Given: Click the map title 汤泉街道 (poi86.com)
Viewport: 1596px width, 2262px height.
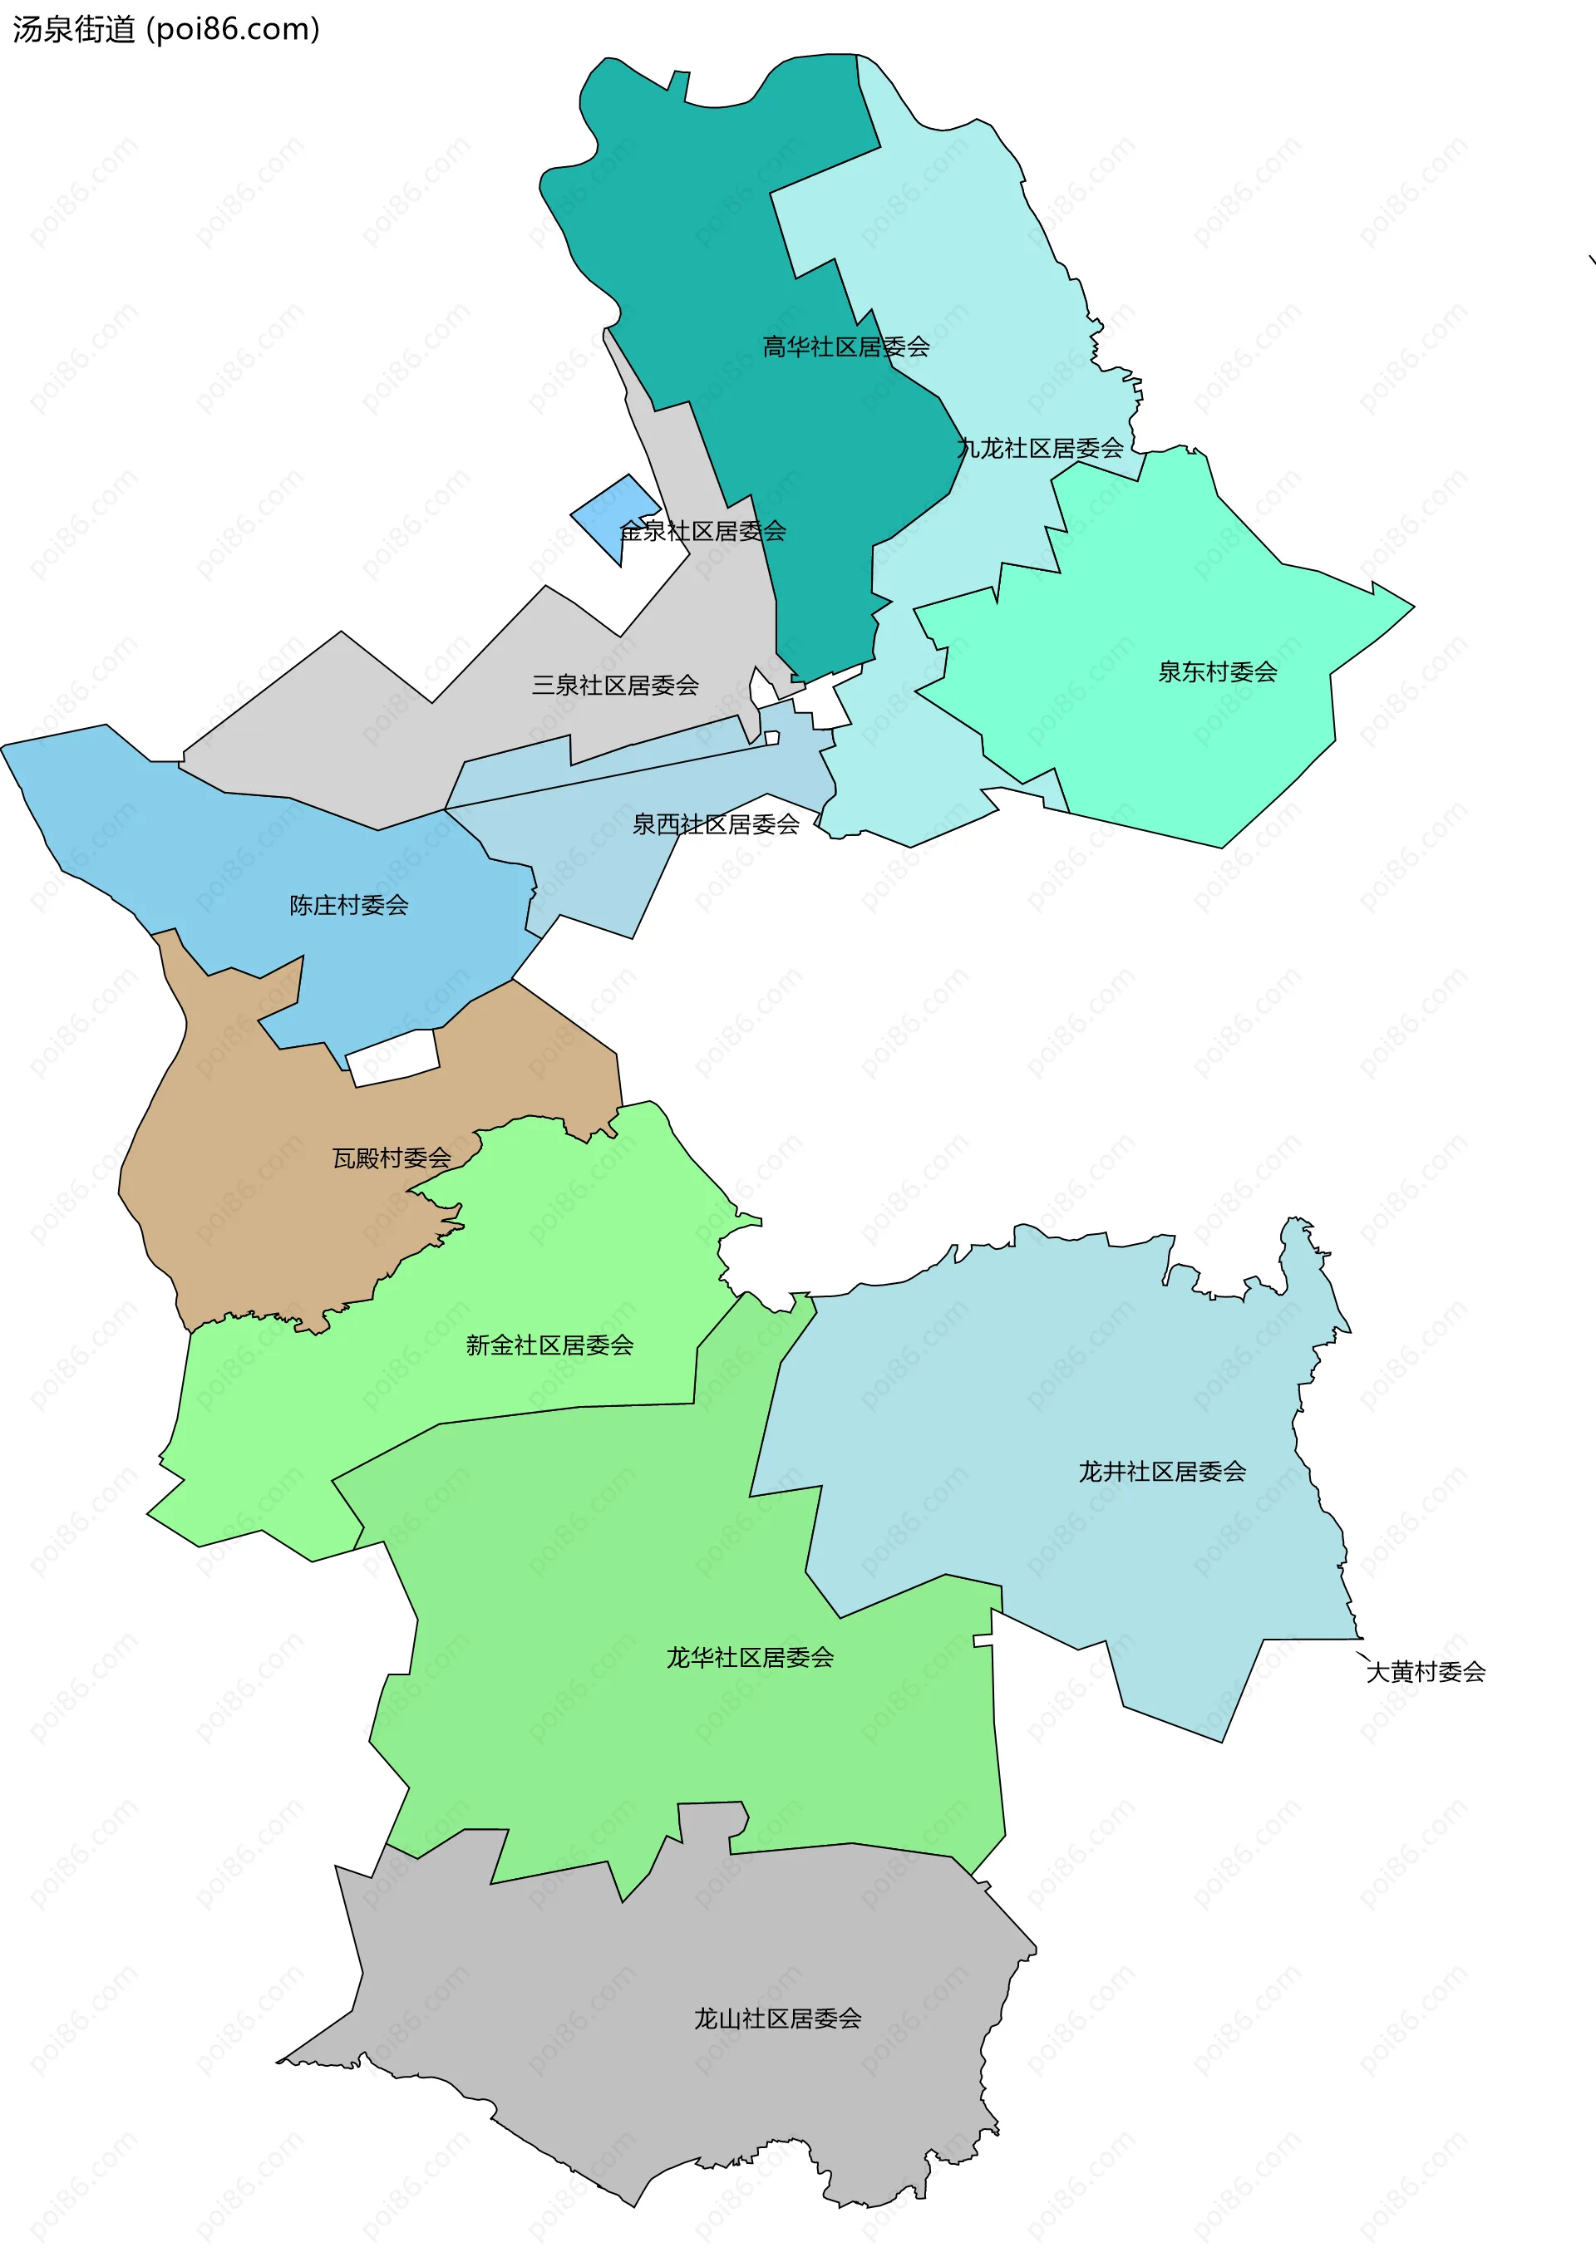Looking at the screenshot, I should coord(165,30).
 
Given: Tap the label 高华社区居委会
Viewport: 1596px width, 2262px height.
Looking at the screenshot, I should coord(845,347).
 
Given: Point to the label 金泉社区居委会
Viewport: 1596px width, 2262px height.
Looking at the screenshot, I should coord(702,531).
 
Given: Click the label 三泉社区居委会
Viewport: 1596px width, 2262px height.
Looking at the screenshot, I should coord(615,685).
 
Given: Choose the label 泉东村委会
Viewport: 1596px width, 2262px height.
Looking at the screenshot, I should coord(1217,672).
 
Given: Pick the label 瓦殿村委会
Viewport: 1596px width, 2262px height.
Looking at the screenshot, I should coord(392,1158).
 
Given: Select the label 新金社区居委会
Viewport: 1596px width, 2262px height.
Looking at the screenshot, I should coord(549,1345).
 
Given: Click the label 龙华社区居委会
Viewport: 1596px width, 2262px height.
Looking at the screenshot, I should coord(750,1657).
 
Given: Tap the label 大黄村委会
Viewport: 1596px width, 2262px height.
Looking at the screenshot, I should coord(1426,1671).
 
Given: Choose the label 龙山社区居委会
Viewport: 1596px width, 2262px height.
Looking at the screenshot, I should coord(777,2019).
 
